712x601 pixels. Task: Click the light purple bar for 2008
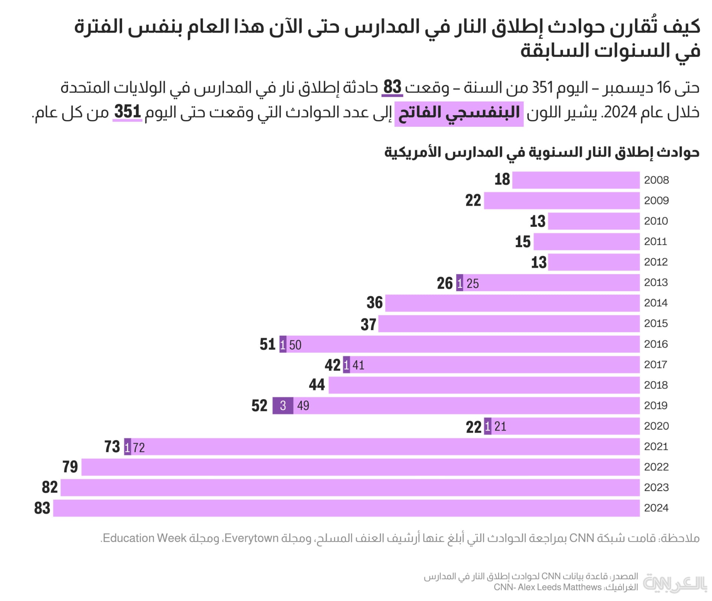tap(576, 180)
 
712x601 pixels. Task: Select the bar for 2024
tap(346, 508)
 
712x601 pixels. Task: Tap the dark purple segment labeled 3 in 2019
tap(283, 406)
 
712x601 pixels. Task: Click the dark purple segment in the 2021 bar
tap(127, 447)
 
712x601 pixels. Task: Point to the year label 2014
tap(656, 303)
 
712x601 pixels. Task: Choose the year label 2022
tap(656, 467)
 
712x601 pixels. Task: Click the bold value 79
tap(70, 467)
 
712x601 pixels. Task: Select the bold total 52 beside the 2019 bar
tap(259, 406)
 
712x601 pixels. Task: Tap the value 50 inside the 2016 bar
tap(295, 345)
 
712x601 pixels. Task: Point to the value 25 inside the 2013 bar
tap(472, 283)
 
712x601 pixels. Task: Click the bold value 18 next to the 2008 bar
tap(502, 180)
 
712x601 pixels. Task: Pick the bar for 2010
tap(594, 221)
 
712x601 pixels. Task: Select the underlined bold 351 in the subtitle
tap(128, 112)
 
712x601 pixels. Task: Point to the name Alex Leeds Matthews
tap(560, 587)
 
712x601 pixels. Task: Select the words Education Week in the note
tap(145, 538)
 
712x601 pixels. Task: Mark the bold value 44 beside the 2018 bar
tap(317, 385)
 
